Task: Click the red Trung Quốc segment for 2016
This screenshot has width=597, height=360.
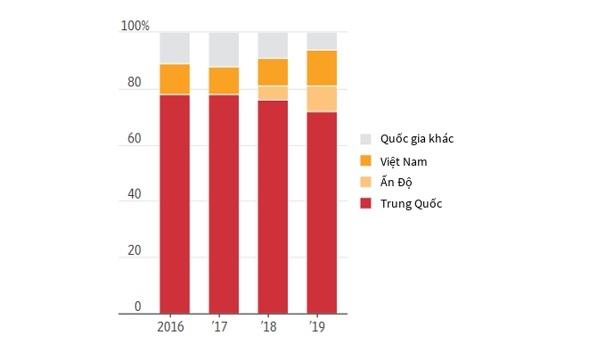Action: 175,204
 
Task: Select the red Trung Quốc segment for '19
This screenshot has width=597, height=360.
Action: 322,213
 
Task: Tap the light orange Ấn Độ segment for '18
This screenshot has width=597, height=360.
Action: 273,93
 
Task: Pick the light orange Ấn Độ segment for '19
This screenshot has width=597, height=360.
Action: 322,99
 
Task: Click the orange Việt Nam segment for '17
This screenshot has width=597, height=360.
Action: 224,80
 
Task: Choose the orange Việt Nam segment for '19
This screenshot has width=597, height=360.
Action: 322,69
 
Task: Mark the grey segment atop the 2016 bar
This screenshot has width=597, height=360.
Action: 175,48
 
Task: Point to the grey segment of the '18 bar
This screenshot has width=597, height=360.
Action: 273,45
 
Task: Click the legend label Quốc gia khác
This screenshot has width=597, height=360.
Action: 417,139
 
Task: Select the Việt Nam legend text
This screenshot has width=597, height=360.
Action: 404,161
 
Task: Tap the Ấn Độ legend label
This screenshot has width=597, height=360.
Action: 396,182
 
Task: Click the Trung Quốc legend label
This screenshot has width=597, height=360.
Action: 411,203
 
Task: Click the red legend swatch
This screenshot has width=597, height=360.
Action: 365,203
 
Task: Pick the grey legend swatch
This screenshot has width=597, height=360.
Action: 365,139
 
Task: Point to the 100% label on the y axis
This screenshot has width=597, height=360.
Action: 135,26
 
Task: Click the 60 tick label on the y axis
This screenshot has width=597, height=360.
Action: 135,138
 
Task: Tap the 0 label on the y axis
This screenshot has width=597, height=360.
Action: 138,307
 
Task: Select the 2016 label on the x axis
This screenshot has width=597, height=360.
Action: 170,327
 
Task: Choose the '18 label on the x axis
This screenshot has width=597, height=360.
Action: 268,327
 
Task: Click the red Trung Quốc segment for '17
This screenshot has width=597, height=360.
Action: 224,204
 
